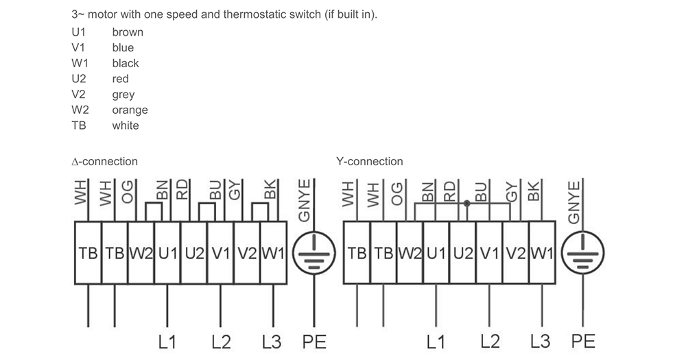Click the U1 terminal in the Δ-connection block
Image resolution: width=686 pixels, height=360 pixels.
click(167, 253)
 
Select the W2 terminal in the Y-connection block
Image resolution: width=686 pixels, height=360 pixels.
click(410, 253)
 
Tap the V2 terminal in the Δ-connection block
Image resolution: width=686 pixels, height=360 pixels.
click(247, 253)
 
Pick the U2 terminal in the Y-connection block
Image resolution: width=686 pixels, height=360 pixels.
click(463, 253)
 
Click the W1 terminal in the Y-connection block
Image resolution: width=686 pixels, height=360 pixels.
click(542, 253)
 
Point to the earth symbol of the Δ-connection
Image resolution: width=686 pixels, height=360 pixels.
click(314, 253)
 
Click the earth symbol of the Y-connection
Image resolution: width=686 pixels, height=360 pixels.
click(582, 253)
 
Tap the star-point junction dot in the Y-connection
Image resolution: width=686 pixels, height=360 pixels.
click(466, 204)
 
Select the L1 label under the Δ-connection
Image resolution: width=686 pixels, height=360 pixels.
click(167, 342)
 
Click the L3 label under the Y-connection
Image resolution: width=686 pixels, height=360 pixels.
click(541, 341)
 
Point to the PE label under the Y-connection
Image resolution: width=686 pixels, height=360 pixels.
click(583, 341)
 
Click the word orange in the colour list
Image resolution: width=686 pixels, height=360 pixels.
click(130, 110)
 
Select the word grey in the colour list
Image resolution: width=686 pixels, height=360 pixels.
click(123, 95)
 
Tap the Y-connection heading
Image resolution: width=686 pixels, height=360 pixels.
click(370, 161)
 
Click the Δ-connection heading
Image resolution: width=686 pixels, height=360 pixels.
click(104, 161)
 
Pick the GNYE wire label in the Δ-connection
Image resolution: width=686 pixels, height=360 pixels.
click(304, 201)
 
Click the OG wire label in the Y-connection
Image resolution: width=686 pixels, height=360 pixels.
click(397, 194)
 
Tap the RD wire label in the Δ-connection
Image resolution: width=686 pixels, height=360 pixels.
click(182, 190)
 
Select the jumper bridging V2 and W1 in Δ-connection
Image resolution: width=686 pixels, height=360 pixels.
click(260, 212)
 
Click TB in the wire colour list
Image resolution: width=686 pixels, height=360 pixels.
click(79, 125)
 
